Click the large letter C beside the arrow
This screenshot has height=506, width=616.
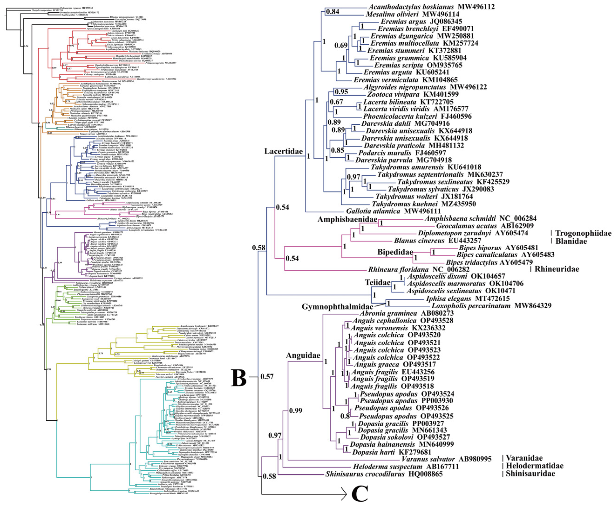pyautogui.click(x=360, y=493)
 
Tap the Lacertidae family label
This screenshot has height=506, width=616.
pyautogui.click(x=284, y=151)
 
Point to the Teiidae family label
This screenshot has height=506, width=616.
pyautogui.click(x=378, y=282)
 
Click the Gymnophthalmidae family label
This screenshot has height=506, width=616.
pyautogui.click(x=337, y=307)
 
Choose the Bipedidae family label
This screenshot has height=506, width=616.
pyautogui.click(x=395, y=252)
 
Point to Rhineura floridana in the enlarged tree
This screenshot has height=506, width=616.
pyautogui.click(x=398, y=269)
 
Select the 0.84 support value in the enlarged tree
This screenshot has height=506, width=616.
pyautogui.click(x=332, y=12)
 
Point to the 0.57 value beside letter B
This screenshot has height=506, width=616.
pyautogui.click(x=267, y=377)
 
